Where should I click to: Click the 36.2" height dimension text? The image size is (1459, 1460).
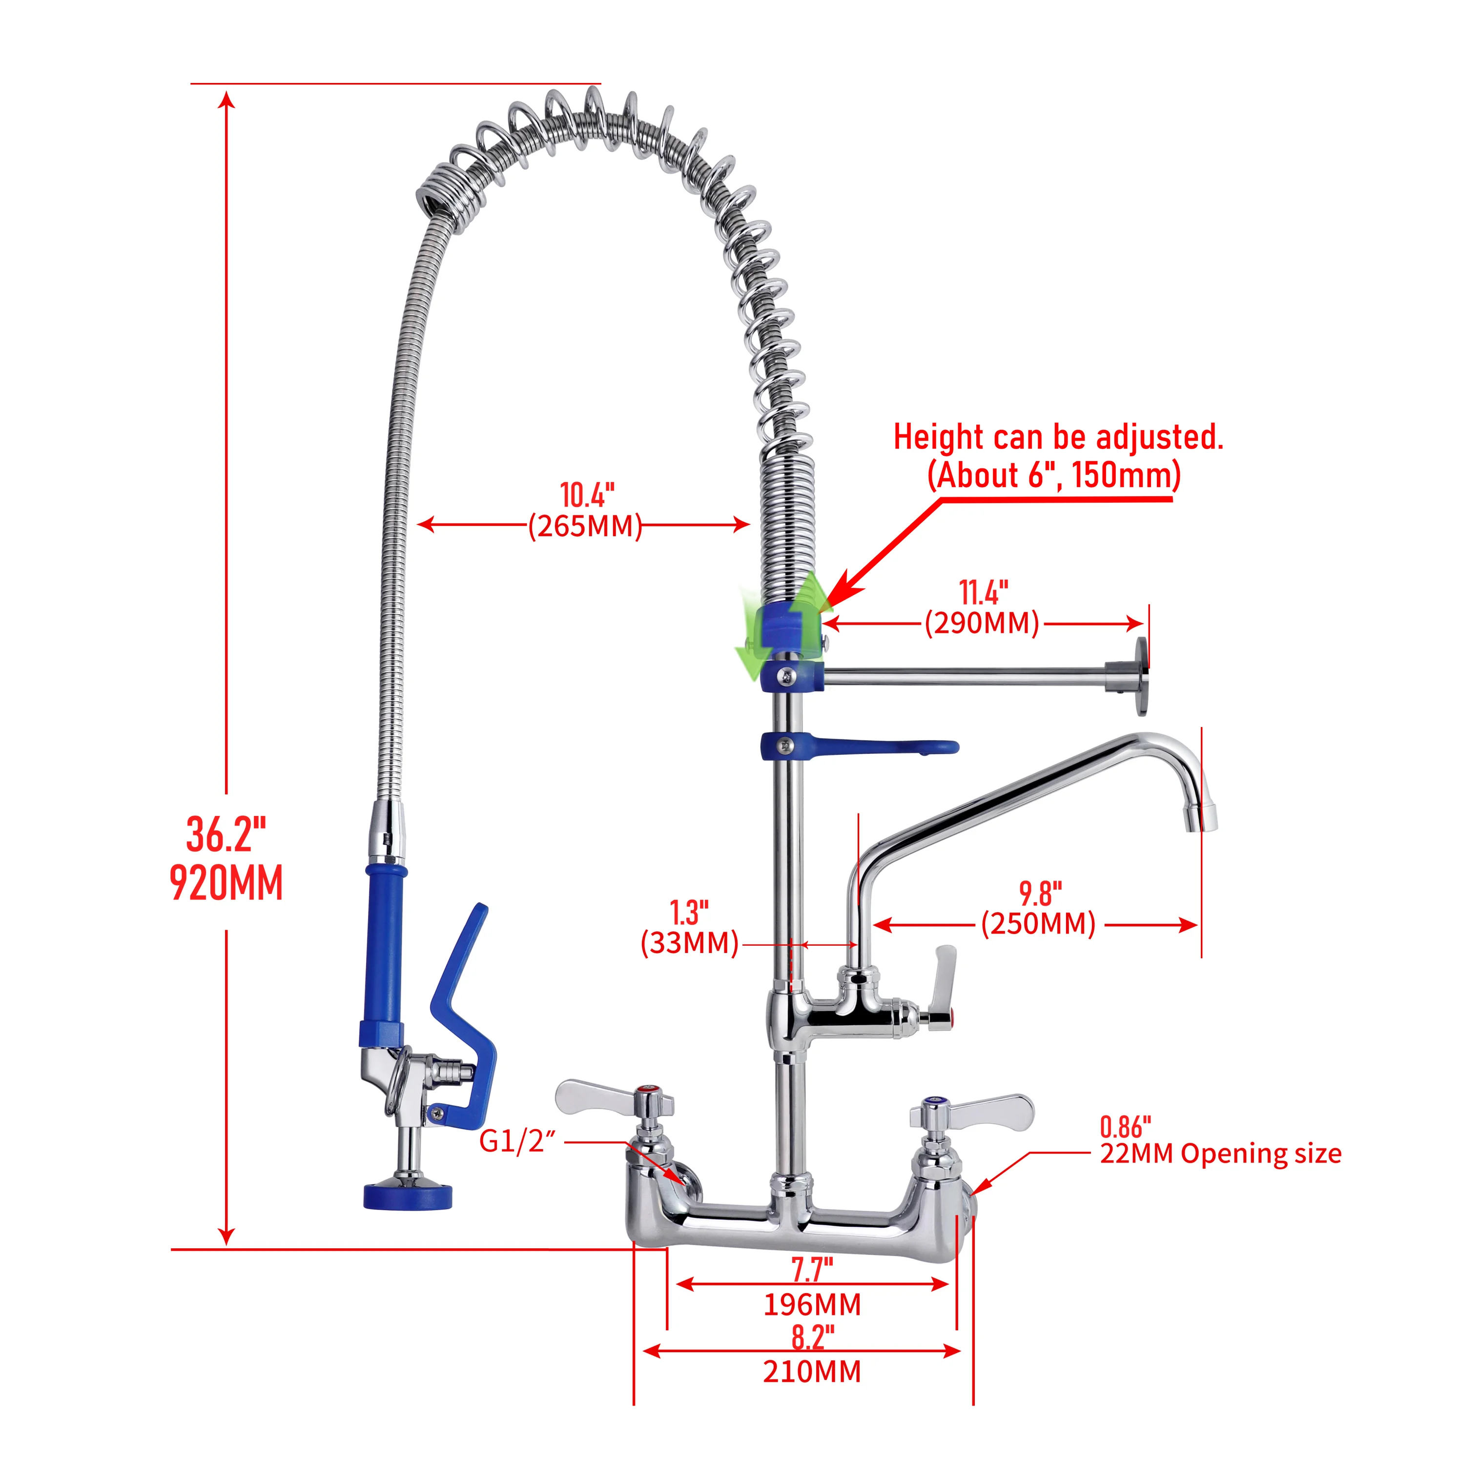point(226,835)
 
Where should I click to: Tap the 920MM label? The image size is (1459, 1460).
point(226,883)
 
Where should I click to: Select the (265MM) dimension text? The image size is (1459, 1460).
point(585,526)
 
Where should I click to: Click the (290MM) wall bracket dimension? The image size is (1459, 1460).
point(982,624)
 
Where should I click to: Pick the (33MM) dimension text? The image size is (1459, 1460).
point(689,943)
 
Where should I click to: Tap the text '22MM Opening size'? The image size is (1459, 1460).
point(1220,1154)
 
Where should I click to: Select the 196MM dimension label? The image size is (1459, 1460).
point(812,1305)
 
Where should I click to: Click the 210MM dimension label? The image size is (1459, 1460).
point(812,1372)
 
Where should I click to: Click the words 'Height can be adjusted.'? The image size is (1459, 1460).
point(1058,438)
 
